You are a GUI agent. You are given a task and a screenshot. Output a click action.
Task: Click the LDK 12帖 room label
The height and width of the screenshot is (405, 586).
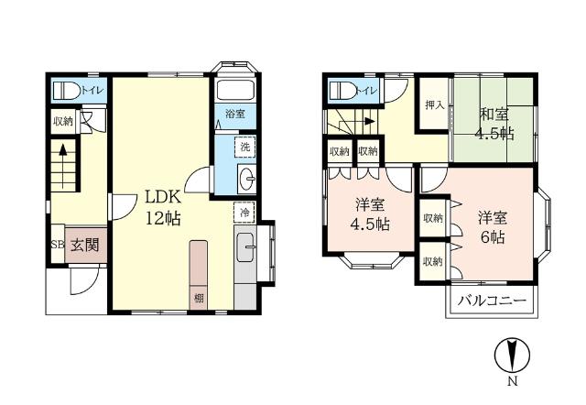[163, 208]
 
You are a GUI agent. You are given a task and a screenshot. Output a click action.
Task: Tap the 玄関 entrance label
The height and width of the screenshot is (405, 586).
[85, 245]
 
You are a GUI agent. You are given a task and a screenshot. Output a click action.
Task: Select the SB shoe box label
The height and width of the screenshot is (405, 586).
[58, 245]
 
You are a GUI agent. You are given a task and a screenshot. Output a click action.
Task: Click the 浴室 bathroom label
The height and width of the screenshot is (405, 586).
[235, 114]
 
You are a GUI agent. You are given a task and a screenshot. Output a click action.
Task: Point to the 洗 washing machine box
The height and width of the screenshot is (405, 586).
[245, 147]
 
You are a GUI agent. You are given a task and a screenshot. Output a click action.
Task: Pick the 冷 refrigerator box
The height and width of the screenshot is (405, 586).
[244, 213]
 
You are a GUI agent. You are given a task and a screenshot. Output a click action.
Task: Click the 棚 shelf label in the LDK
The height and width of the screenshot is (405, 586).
[199, 298]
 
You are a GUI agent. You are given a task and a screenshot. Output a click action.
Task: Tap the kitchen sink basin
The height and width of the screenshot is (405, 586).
[246, 247]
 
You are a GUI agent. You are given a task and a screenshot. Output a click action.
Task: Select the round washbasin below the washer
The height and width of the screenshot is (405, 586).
[246, 179]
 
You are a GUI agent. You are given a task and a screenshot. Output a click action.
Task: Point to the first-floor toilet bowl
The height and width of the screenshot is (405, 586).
[67, 91]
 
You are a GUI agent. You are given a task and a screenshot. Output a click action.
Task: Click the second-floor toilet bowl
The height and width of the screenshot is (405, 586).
[342, 90]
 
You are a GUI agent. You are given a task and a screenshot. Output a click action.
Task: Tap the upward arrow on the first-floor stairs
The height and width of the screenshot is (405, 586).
[63, 166]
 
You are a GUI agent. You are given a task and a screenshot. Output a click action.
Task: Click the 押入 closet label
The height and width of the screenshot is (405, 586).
[434, 105]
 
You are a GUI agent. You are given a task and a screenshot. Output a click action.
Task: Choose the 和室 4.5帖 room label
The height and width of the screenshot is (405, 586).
[494, 124]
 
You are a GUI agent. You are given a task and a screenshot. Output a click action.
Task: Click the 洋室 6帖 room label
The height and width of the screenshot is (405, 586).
[493, 228]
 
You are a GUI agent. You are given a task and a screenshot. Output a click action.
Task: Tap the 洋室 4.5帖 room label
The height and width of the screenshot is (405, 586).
[370, 214]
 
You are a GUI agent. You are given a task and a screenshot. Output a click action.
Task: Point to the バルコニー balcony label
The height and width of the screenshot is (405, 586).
[493, 301]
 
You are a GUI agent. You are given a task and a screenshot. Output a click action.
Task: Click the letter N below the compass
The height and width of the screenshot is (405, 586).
[513, 381]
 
